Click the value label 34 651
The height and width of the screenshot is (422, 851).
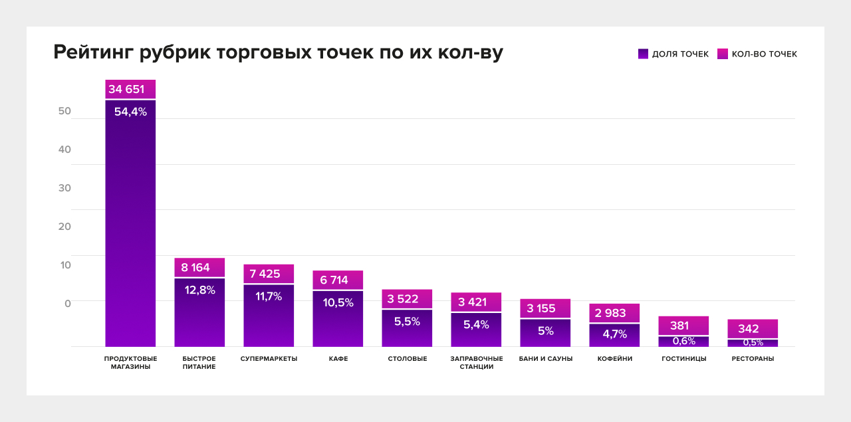(x=126, y=89)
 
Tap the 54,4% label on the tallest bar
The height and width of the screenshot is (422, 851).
(x=130, y=112)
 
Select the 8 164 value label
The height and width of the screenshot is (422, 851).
(x=195, y=268)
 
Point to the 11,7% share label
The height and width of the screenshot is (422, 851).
(x=269, y=296)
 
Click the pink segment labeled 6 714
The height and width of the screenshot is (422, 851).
(x=338, y=280)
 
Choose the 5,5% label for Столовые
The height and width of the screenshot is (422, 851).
(x=407, y=322)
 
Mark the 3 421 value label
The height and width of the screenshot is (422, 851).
(x=472, y=302)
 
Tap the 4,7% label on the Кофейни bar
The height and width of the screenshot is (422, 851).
(x=614, y=334)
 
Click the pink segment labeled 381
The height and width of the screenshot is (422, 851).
(x=679, y=326)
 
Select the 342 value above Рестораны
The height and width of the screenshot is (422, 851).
(x=749, y=329)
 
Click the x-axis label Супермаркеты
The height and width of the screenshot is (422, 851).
(x=269, y=359)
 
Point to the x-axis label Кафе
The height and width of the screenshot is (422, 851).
(x=338, y=359)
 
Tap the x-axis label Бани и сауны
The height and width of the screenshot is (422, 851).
(x=545, y=359)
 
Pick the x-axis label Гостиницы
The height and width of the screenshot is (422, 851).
(x=683, y=359)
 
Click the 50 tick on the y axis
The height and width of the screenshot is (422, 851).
(x=64, y=111)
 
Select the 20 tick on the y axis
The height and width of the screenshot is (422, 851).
(x=64, y=227)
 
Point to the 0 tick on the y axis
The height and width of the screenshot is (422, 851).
(x=67, y=304)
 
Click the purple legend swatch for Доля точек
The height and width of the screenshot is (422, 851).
(x=643, y=54)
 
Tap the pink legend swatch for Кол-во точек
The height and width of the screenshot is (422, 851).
(x=723, y=54)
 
